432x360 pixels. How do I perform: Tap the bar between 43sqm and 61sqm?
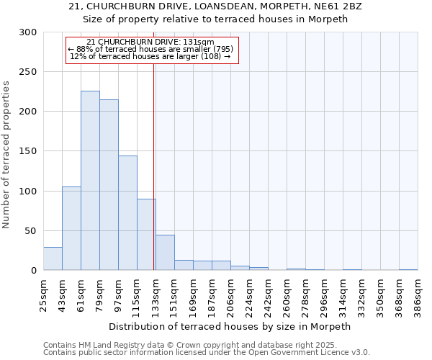click(71, 228)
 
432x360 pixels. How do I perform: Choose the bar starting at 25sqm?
click(53, 258)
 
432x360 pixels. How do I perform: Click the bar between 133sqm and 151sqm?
click(165, 253)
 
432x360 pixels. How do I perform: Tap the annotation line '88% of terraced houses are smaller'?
click(150, 49)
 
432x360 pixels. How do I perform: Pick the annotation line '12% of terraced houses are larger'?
click(150, 56)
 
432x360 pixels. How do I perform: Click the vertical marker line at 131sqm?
click(153, 166)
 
